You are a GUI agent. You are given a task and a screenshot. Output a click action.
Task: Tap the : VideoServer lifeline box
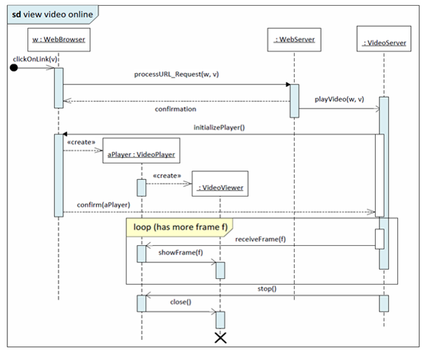click(x=384, y=43)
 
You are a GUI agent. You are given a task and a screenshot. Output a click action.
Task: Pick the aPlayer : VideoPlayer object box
click(x=141, y=154)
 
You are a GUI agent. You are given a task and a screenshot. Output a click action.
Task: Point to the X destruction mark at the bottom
click(x=220, y=338)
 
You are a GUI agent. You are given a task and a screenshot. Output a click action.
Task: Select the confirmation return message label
click(x=175, y=109)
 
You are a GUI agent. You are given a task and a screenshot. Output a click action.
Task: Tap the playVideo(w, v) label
click(x=340, y=98)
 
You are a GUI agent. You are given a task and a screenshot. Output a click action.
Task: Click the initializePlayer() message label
click(x=219, y=127)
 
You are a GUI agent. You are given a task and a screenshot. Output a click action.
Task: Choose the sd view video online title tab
click(x=46, y=13)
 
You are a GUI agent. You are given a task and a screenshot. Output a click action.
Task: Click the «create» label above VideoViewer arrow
click(x=167, y=175)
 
